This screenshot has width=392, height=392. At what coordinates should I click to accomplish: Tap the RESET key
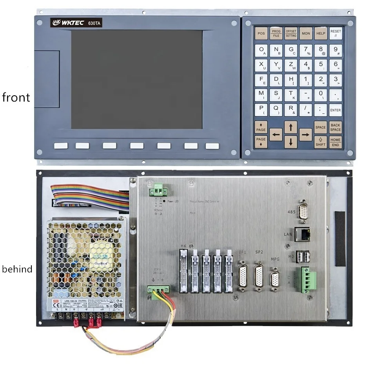[336, 33]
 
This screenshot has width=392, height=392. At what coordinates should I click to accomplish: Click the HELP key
[321, 33]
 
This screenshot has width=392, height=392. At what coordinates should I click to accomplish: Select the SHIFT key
[321, 142]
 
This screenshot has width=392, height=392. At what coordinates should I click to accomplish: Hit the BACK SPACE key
[336, 127]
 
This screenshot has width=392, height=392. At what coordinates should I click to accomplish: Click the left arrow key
[276, 134]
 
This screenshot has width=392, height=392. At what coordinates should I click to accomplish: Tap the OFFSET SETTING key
[291, 33]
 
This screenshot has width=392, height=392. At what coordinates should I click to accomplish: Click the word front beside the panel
[16, 97]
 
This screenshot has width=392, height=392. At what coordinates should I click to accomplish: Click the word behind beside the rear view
[17, 269]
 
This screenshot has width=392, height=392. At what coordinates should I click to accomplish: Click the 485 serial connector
[303, 212]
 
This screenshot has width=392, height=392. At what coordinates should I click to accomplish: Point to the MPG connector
[275, 279]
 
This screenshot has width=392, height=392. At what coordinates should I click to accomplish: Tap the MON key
[306, 33]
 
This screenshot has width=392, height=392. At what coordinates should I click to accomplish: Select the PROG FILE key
[276, 33]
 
